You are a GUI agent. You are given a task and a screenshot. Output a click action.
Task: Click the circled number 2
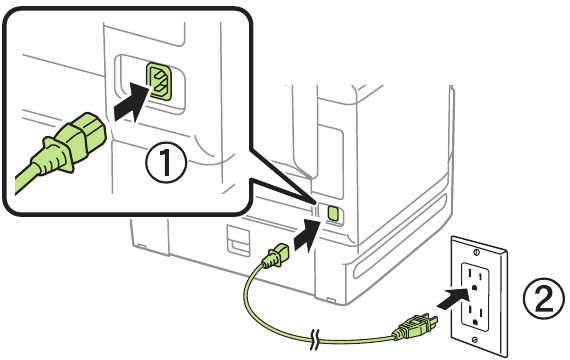pos(543,294)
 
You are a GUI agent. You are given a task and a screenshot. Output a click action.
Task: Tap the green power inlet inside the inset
pos(158,82)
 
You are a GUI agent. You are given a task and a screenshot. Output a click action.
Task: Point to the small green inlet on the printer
pos(333,213)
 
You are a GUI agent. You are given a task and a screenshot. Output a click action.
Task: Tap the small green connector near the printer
pos(272,263)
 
